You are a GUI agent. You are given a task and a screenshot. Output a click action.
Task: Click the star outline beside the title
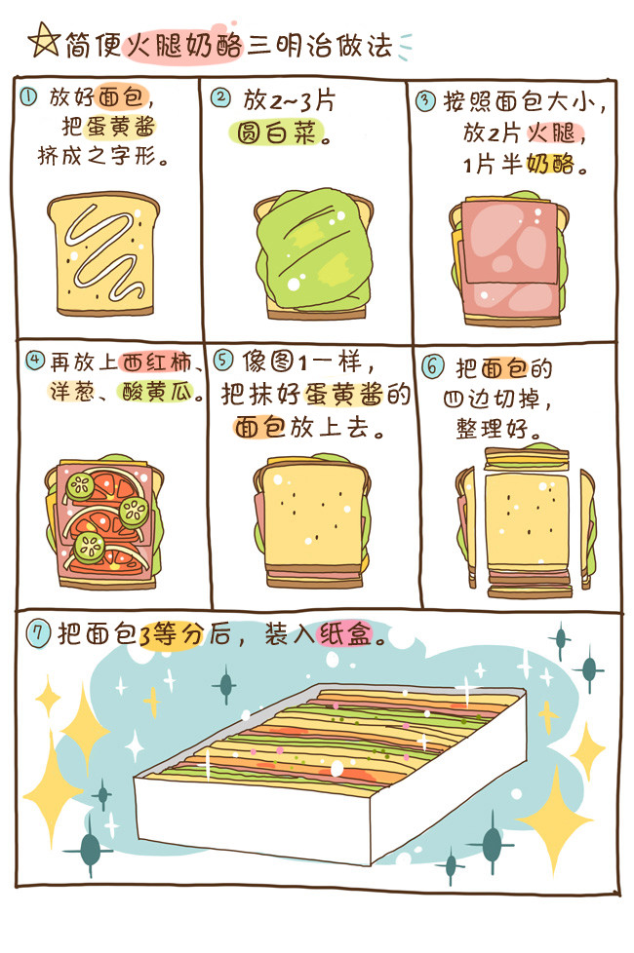click(x=44, y=41)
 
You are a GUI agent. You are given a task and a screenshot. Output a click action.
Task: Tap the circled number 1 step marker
click(x=28, y=96)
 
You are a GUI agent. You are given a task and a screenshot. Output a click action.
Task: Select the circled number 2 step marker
click(x=220, y=97)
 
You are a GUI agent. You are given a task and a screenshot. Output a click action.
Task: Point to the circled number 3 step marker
click(x=425, y=100)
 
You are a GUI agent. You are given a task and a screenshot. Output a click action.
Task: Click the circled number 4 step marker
click(x=35, y=361)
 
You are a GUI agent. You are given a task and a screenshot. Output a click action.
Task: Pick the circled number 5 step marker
click(x=223, y=360)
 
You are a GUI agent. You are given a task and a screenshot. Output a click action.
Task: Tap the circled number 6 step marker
click(x=433, y=367)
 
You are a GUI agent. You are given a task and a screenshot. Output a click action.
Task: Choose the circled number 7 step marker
click(x=38, y=634)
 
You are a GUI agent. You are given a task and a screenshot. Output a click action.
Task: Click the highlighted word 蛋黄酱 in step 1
click(x=121, y=127)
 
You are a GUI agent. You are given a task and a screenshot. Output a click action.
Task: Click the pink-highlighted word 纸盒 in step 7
click(x=344, y=634)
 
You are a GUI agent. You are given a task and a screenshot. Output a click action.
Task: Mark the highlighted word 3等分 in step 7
click(x=171, y=635)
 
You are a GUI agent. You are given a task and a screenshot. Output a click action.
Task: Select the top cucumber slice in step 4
click(x=80, y=485)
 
